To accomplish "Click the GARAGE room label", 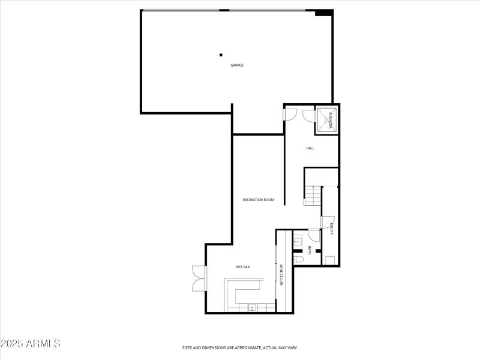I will click(237, 65).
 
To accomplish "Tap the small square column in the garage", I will click(221, 55).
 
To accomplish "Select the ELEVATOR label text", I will click(328, 119).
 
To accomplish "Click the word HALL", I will click(310, 148).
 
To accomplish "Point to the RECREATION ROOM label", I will click(258, 199).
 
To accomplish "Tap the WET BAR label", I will click(242, 266).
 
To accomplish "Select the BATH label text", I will click(310, 251).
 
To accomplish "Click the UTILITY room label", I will click(331, 229).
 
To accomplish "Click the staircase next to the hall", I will click(313, 196).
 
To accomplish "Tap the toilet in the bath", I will click(298, 259).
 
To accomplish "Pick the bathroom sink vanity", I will click(298, 242).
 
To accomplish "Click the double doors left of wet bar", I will click(199, 278).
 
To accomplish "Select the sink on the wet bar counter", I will click(253, 307).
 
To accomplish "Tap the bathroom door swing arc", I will click(314, 235).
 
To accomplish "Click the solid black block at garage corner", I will click(324, 13).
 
